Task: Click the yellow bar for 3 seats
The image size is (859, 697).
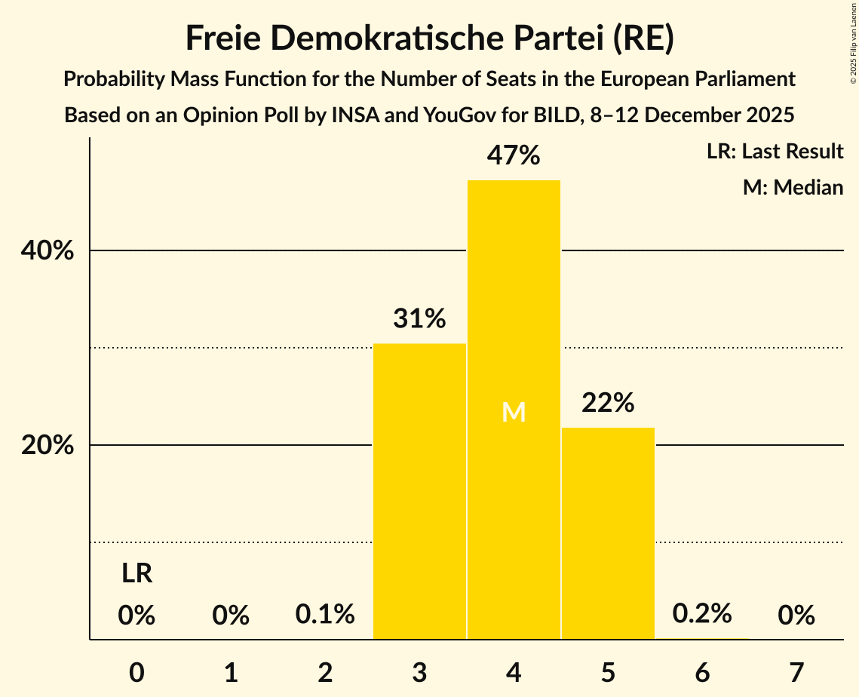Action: [419, 491]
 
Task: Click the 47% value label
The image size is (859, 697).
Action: [514, 155]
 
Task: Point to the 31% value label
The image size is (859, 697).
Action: [419, 318]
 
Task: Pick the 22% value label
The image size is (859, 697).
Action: [608, 403]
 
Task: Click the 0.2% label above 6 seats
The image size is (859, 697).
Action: [702, 613]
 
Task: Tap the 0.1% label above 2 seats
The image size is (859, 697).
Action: [325, 614]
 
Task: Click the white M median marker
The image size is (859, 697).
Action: [514, 412]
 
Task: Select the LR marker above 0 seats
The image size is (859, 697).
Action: [137, 574]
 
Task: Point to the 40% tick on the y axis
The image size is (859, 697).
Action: [48, 250]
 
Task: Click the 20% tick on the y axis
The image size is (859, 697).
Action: [48, 445]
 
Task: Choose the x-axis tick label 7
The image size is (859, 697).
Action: [796, 672]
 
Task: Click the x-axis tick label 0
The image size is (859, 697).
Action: [137, 672]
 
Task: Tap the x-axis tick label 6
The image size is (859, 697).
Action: [702, 672]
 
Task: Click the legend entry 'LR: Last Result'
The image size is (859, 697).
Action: [775, 152]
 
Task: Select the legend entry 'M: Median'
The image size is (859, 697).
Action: [793, 187]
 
